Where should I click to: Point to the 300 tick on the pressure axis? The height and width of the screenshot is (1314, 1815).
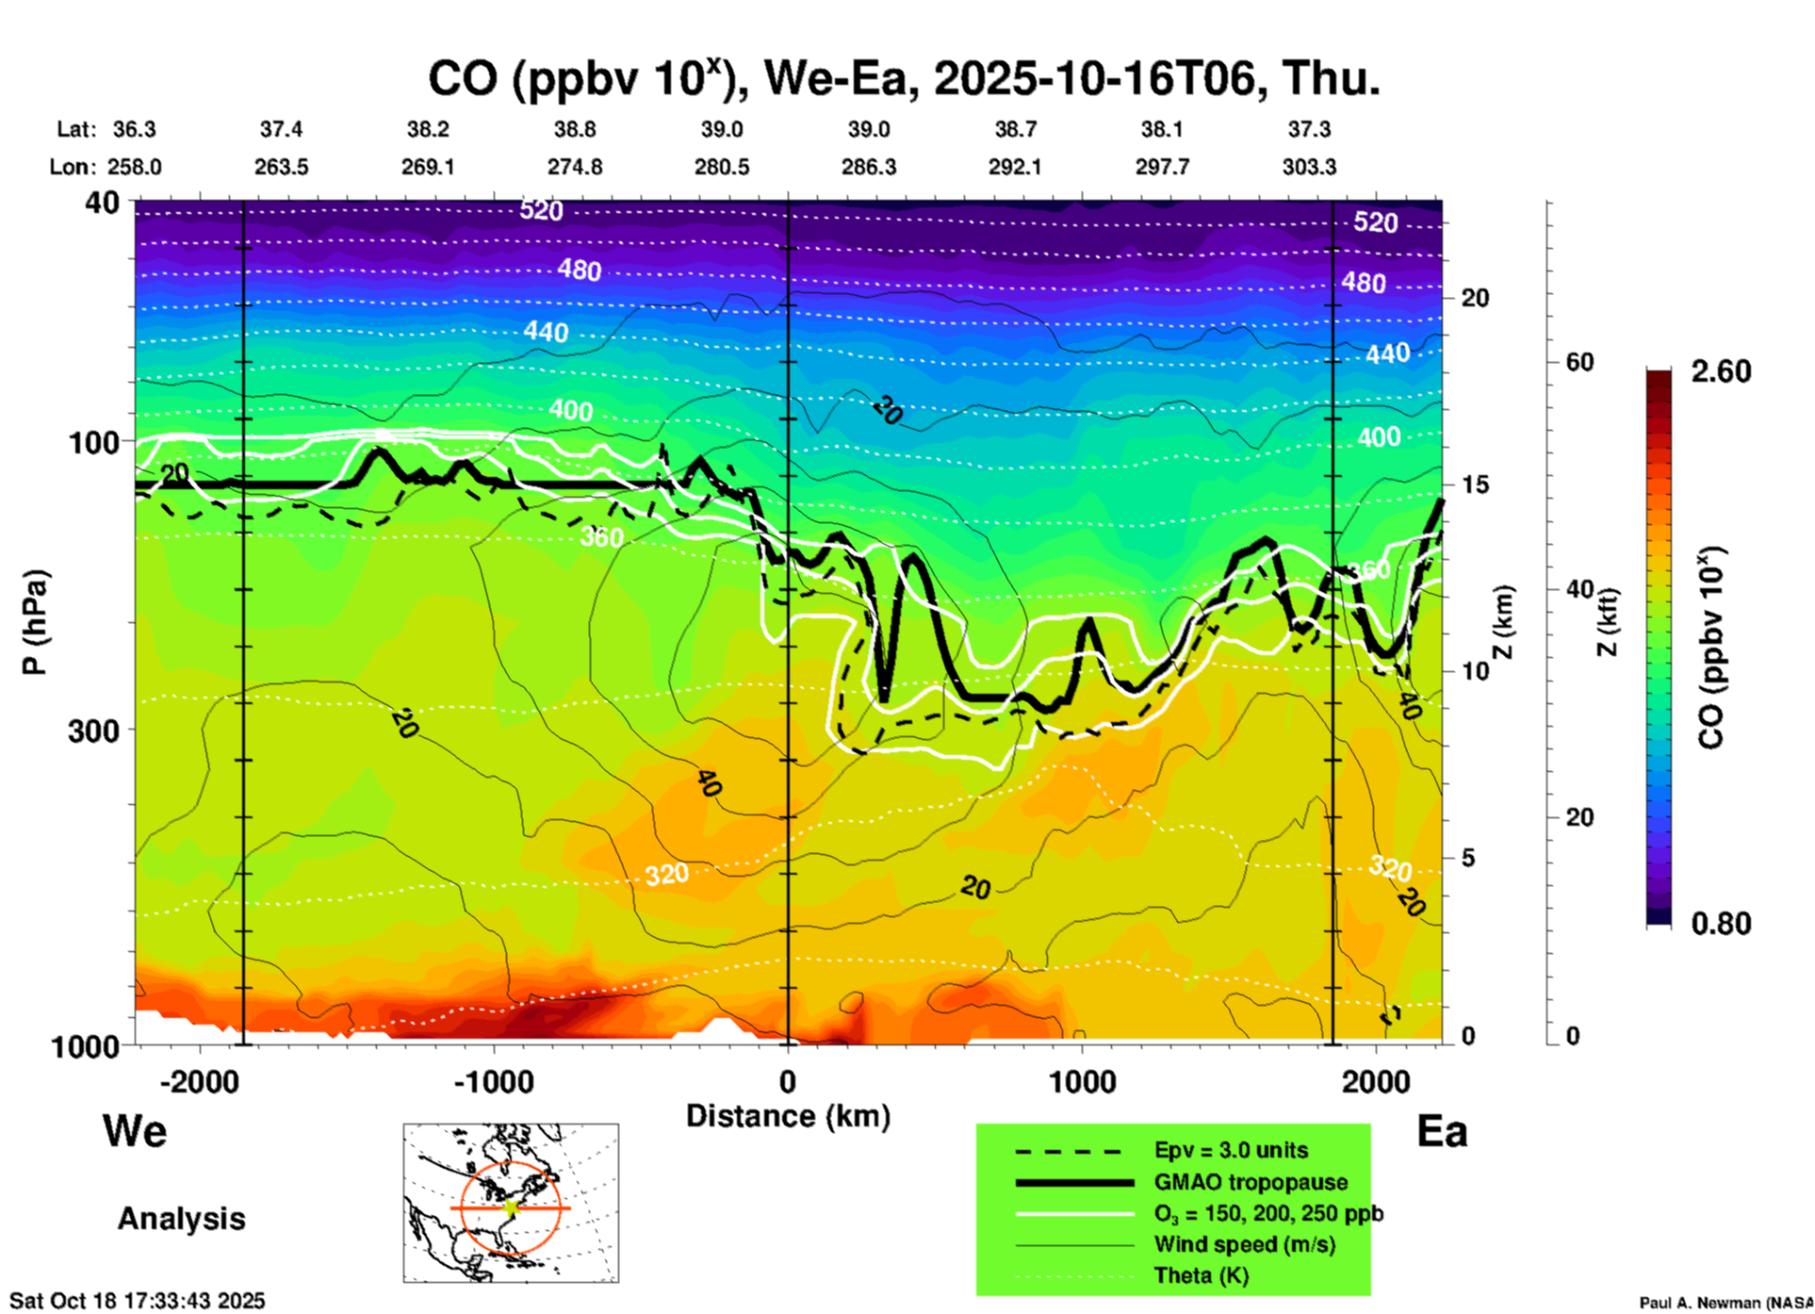[94, 731]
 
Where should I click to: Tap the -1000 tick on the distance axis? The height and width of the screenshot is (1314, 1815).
[494, 1081]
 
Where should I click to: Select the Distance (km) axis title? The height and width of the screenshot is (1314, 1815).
[788, 1116]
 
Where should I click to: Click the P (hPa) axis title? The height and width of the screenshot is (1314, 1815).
[34, 622]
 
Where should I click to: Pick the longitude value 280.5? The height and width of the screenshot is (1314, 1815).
[722, 167]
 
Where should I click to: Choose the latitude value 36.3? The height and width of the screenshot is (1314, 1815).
[134, 129]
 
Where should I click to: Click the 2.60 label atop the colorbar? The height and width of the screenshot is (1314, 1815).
[1721, 371]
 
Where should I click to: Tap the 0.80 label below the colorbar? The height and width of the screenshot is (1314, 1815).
[1721, 924]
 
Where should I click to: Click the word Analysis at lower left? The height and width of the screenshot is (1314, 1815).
[181, 1219]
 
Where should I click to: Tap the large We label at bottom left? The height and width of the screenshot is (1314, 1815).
[135, 1131]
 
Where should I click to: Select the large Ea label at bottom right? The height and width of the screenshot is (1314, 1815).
[1442, 1131]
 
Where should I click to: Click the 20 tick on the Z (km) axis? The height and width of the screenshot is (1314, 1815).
[1475, 299]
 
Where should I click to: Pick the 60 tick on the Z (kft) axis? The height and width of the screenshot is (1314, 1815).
[1579, 363]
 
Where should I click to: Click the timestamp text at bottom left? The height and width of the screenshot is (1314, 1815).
[138, 1301]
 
